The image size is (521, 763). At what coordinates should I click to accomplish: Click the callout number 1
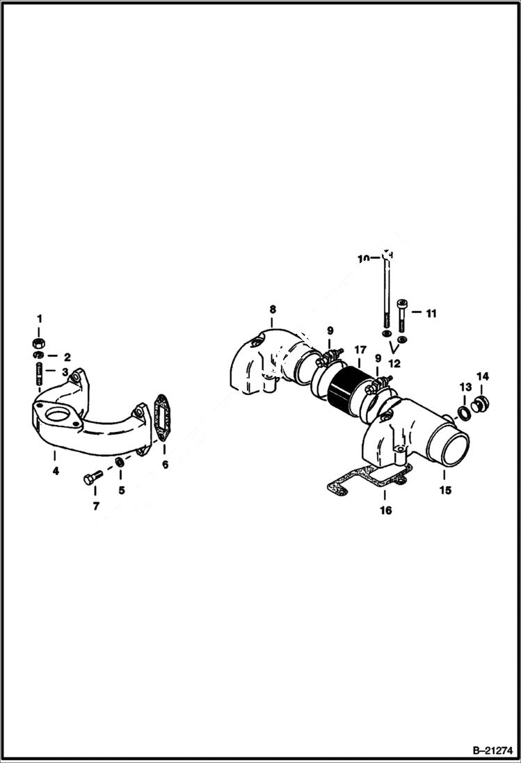pyautogui.click(x=40, y=318)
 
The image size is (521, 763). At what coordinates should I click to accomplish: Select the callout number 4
pyautogui.click(x=56, y=472)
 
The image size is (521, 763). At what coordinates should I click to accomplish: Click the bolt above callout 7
pyautogui.click(x=91, y=478)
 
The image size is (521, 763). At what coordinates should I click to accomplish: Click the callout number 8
pyautogui.click(x=273, y=308)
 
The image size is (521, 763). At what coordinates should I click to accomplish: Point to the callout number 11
pyautogui.click(x=431, y=314)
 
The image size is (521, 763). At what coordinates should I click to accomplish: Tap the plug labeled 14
pyautogui.click(x=479, y=403)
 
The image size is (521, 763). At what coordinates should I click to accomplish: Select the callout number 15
pyautogui.click(x=445, y=490)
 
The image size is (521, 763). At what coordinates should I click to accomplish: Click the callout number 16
pyautogui.click(x=385, y=510)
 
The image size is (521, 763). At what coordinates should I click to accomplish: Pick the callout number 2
pyautogui.click(x=67, y=357)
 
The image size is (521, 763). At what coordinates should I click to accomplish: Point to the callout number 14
pyautogui.click(x=483, y=376)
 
